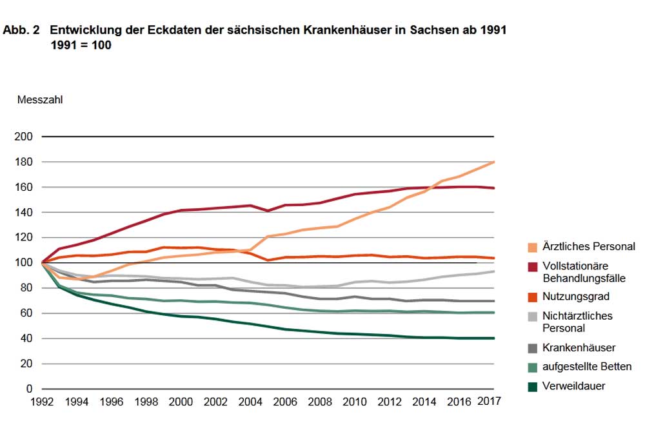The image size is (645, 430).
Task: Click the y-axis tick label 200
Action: pyautogui.click(x=22, y=137)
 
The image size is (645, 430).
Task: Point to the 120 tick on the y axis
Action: pyautogui.click(x=22, y=237)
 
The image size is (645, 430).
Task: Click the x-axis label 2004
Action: pyautogui.click(x=250, y=401)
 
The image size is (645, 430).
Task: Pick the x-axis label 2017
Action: pyautogui.click(x=488, y=400)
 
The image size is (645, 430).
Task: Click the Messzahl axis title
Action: pyautogui.click(x=40, y=100)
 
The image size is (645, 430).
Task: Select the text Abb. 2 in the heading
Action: pyautogui.click(x=21, y=30)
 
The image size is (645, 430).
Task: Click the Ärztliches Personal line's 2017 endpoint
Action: pyautogui.click(x=494, y=162)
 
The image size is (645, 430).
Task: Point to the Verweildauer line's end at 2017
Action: pyautogui.click(x=494, y=338)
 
